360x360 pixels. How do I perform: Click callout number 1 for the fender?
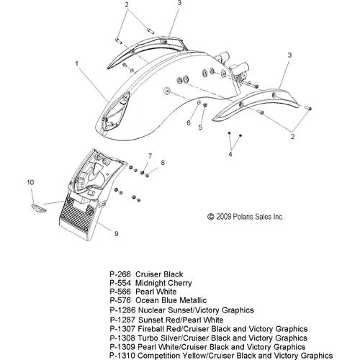coord(77,64)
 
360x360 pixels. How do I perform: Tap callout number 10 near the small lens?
coord(30,183)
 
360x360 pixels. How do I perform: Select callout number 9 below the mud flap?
coord(116,233)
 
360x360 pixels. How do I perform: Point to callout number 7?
coord(150,156)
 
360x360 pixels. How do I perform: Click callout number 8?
coord(163,163)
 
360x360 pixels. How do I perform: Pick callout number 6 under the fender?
coord(189,123)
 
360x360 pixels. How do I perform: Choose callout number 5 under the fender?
coord(201,127)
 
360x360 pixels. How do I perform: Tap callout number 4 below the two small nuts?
coord(230,154)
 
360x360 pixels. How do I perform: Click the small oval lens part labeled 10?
coord(38,208)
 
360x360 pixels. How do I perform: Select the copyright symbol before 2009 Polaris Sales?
coord(210,217)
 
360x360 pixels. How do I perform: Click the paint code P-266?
coord(120,274)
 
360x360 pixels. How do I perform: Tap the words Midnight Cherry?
coord(163,283)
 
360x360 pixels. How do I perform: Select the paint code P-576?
coord(120,300)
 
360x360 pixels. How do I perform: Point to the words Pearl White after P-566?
coord(156,292)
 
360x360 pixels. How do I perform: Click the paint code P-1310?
coord(122,356)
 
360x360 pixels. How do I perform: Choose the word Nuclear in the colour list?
coord(152,310)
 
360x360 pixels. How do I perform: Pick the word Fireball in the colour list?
coord(151,329)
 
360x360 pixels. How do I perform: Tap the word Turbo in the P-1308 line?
coord(145,338)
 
